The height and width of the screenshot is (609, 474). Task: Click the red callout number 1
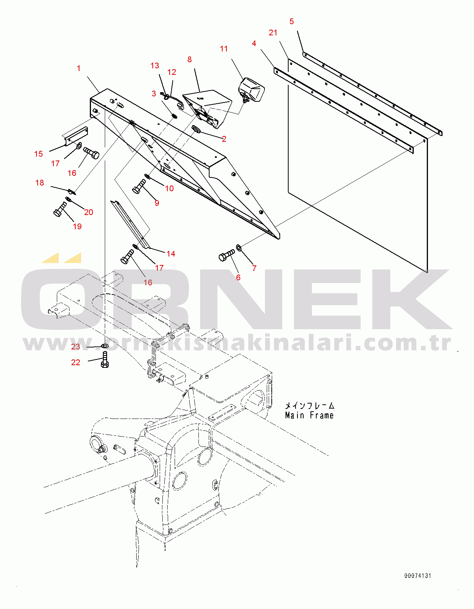point(79,68)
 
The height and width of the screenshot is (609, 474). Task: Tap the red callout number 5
point(292,21)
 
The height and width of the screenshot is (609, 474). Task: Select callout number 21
point(273,33)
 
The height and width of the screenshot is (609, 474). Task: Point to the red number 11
point(223,49)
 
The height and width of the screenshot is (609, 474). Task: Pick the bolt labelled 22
point(105,359)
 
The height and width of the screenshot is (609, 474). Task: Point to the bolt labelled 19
point(60,209)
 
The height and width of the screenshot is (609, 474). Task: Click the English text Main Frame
point(309,415)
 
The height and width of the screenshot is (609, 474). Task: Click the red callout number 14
point(171,254)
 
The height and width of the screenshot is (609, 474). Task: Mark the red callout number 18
point(40,183)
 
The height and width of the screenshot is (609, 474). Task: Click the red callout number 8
point(190,60)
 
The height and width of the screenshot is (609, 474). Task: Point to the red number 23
point(76,347)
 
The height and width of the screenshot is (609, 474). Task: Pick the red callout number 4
point(254,43)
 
